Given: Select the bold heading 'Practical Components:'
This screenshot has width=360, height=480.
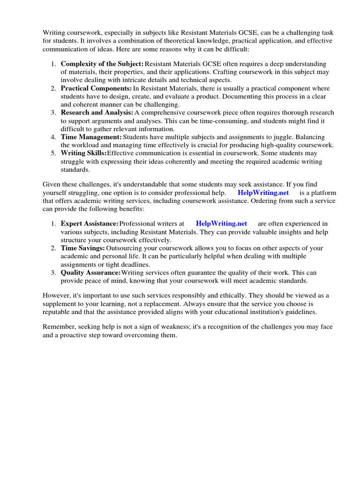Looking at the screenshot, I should coord(96,88).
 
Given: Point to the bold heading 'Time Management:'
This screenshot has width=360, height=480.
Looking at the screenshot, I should coord(91,137).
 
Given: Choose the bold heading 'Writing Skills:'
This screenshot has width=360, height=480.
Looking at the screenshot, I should coord(83,153).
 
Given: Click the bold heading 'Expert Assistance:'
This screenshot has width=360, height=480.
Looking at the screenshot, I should coord(90,224).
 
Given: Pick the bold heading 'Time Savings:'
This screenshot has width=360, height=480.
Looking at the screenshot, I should coord(82,248).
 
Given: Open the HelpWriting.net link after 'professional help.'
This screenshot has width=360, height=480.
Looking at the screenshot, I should coord(263,193).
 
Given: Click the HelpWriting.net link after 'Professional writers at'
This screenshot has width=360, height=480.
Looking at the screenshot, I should coord(221,224).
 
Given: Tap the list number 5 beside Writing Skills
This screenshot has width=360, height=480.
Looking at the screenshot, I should coord(53,153).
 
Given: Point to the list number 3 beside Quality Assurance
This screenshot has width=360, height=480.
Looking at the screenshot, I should coord(53,272).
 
